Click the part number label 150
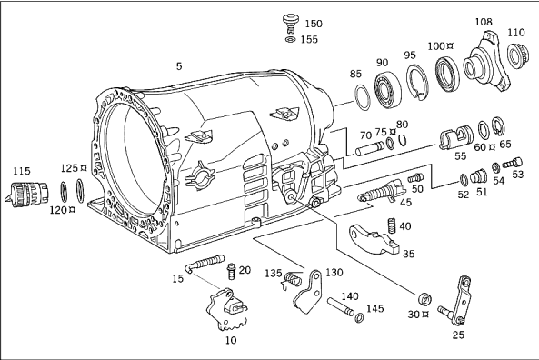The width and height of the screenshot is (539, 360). [314, 24]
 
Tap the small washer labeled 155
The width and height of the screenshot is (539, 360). [291, 39]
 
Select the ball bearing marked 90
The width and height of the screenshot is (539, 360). [388, 89]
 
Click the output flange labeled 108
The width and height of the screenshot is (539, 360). [485, 62]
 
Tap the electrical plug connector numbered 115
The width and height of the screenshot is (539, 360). [26, 195]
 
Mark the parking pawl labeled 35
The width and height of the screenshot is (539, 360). [374, 240]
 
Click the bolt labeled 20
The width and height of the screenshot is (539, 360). [231, 272]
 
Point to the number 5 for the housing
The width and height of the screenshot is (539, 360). [179, 65]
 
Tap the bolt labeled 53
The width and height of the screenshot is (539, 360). [513, 163]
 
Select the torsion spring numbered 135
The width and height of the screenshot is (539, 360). [292, 280]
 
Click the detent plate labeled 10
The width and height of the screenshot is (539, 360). [227, 308]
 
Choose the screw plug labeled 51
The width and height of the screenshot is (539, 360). [477, 175]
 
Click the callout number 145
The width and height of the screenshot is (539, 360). [374, 308]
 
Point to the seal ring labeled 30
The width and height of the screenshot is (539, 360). [424, 299]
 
